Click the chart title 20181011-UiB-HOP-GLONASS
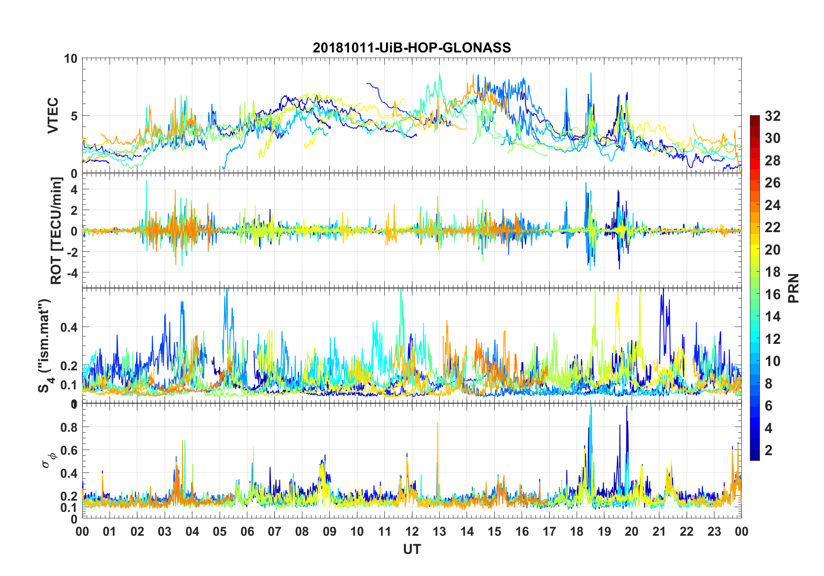pyautogui.click(x=412, y=48)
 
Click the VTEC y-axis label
pyautogui.click(x=53, y=116)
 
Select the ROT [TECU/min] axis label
pyautogui.click(x=56, y=230)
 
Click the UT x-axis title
pyautogui.click(x=412, y=550)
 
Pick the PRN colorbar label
pyautogui.click(x=794, y=288)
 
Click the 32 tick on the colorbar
pyautogui.click(x=772, y=116)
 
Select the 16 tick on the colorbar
pyautogui.click(x=772, y=294)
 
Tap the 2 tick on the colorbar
pyautogui.click(x=769, y=450)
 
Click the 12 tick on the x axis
pyautogui.click(x=412, y=531)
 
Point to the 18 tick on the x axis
pyautogui.click(x=577, y=531)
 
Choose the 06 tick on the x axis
pyautogui.click(x=247, y=531)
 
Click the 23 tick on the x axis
pyautogui.click(x=714, y=531)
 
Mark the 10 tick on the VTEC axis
pyautogui.click(x=71, y=58)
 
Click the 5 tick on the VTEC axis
pyautogui.click(x=74, y=116)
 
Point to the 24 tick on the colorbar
pyautogui.click(x=772, y=205)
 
